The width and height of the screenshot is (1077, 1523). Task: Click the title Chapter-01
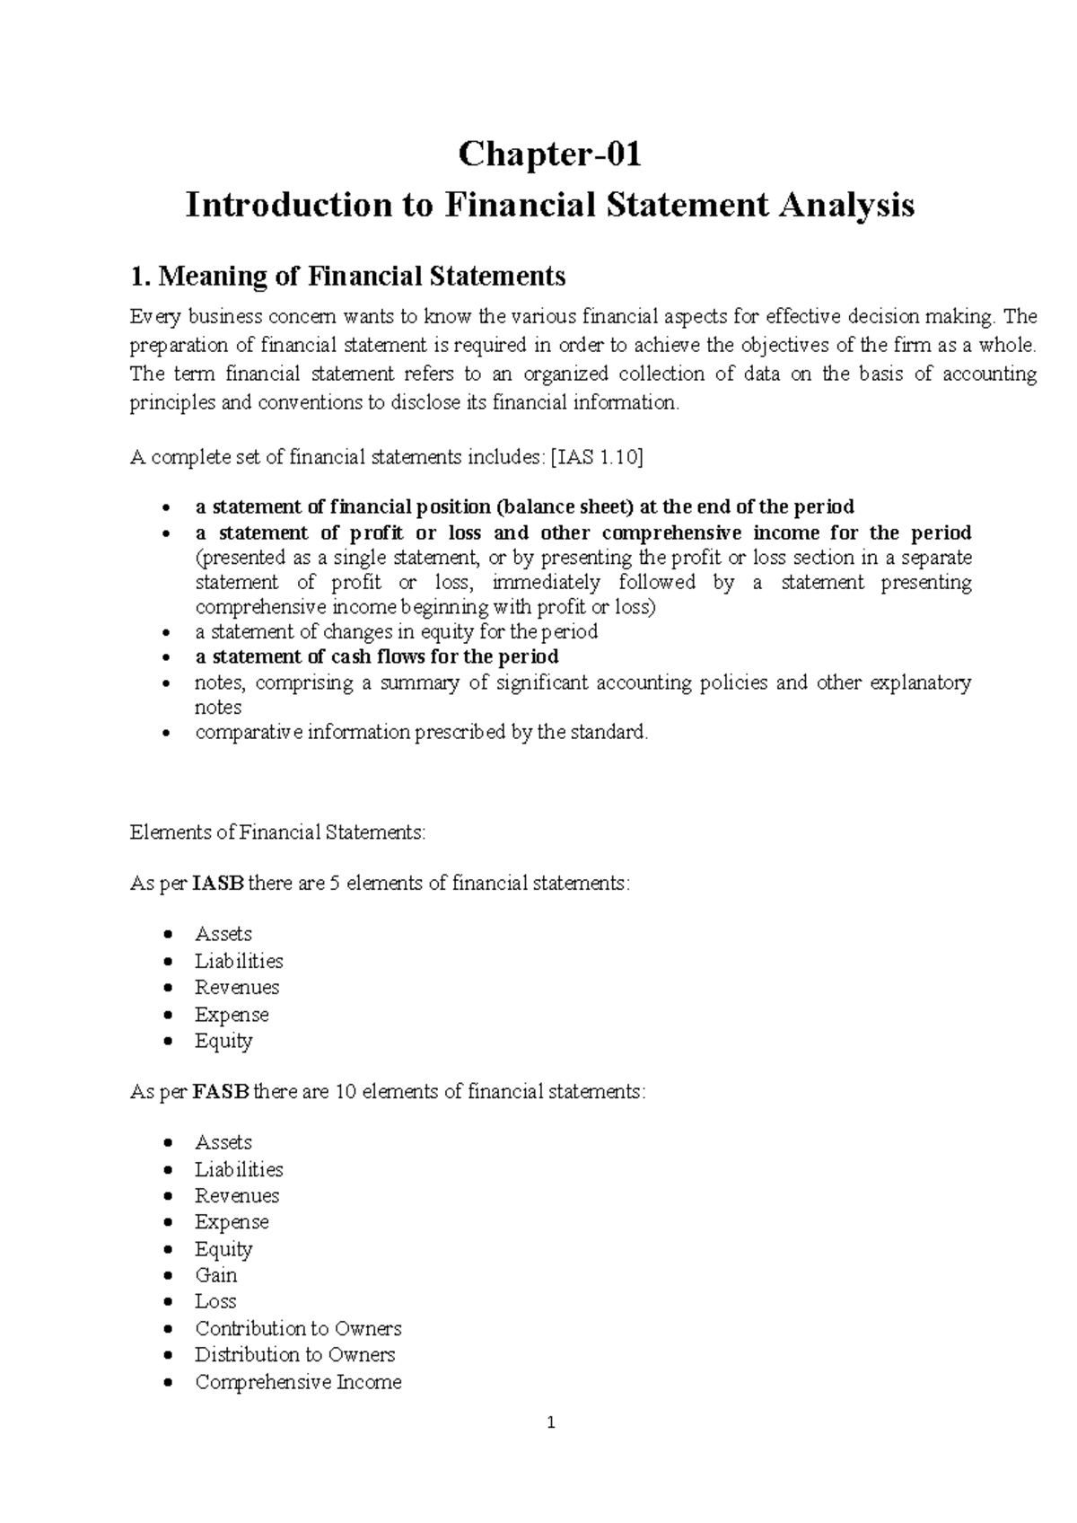549,154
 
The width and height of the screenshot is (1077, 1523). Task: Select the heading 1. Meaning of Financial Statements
347,276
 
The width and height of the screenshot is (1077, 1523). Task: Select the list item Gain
215,1275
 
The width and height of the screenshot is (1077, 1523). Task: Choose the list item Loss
215,1301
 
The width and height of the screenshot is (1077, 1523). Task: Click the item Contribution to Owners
298,1328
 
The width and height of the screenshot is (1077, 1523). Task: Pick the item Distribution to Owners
294,1354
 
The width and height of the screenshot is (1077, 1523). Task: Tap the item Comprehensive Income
298,1382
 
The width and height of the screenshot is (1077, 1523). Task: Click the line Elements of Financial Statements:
277,832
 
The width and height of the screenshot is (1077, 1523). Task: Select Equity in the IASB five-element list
223,1041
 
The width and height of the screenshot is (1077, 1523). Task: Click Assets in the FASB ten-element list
223,1142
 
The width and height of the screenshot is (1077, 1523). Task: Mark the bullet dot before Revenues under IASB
168,988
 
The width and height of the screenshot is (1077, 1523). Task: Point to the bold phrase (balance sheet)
557,506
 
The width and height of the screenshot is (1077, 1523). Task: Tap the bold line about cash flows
377,656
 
